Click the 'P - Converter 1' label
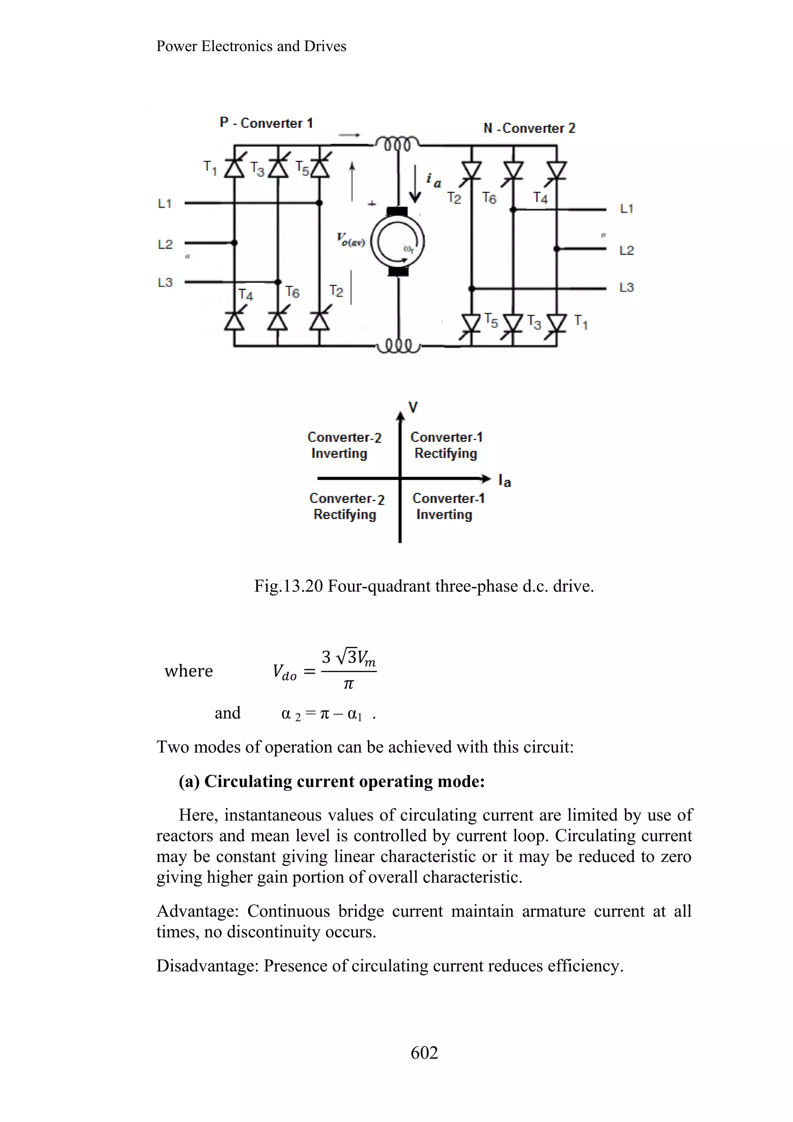(x=266, y=123)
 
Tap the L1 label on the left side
(x=165, y=203)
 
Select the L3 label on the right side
(x=627, y=287)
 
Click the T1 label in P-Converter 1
(x=210, y=168)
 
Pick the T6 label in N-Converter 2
(x=489, y=198)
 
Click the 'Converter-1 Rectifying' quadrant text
(x=446, y=445)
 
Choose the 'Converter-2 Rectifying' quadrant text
(x=346, y=506)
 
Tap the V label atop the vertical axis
(x=413, y=407)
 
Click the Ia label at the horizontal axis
(x=505, y=481)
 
